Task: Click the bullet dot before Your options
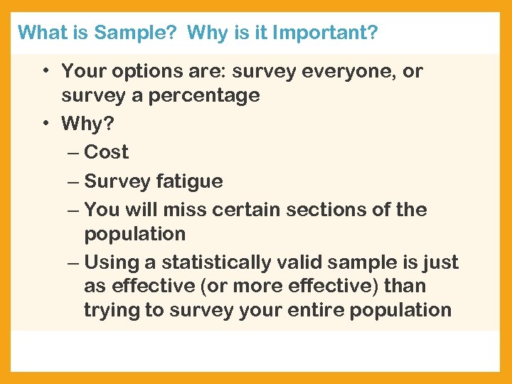tap(45, 72)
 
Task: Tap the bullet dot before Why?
tap(45, 124)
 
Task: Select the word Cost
tap(106, 152)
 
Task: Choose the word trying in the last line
tap(110, 310)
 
